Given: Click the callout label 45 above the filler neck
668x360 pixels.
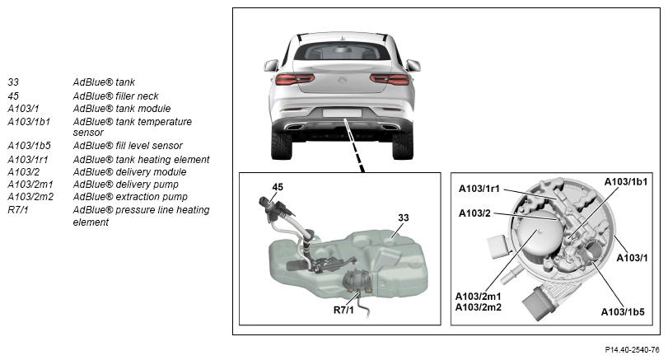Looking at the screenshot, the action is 278,187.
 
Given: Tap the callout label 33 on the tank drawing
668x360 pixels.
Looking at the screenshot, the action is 404,217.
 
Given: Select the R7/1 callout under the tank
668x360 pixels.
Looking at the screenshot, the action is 343,310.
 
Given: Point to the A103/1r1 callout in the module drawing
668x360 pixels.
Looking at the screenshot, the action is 479,189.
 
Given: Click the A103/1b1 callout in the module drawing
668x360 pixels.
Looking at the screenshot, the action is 625,182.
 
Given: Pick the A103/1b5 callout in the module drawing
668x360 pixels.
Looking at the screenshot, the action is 623,312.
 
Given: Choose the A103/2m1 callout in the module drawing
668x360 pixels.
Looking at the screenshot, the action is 478,296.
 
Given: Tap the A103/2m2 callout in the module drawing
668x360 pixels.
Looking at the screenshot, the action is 478,306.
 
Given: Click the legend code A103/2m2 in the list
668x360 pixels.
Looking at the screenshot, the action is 30,197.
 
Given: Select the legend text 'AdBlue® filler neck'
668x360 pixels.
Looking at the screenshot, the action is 115,96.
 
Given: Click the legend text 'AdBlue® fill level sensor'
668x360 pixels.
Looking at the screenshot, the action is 128,146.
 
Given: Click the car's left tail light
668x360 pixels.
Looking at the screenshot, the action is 295,79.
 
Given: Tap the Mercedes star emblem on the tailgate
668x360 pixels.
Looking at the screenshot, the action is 342,80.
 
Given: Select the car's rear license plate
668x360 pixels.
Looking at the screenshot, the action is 342,113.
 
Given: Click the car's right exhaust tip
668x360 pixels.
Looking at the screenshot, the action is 389,127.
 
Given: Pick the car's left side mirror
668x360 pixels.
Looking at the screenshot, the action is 271,66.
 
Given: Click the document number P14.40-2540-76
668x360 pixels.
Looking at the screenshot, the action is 632,350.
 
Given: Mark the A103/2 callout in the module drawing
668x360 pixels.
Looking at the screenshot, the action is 474,213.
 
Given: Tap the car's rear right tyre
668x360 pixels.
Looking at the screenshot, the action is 402,145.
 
